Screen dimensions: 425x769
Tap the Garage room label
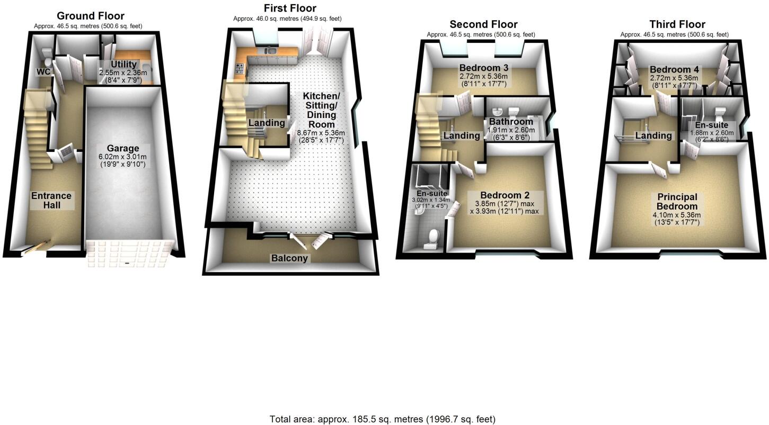click(x=123, y=148)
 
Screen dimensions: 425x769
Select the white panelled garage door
click(x=130, y=254)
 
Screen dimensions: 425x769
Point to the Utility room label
click(x=123, y=64)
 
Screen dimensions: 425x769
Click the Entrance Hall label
click(x=51, y=200)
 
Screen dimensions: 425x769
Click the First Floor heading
click(x=290, y=8)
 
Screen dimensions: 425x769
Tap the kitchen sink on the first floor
click(x=271, y=51)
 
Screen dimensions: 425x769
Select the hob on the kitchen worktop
click(x=239, y=69)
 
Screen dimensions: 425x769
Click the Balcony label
click(x=289, y=258)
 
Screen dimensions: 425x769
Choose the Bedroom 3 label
click(x=484, y=68)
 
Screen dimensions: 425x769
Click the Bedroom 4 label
click(x=674, y=70)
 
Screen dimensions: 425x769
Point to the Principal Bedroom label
click(x=677, y=202)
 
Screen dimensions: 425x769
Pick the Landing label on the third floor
click(x=653, y=135)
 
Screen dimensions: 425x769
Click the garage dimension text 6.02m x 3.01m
click(x=123, y=157)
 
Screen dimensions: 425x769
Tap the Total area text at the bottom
click(x=382, y=419)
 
